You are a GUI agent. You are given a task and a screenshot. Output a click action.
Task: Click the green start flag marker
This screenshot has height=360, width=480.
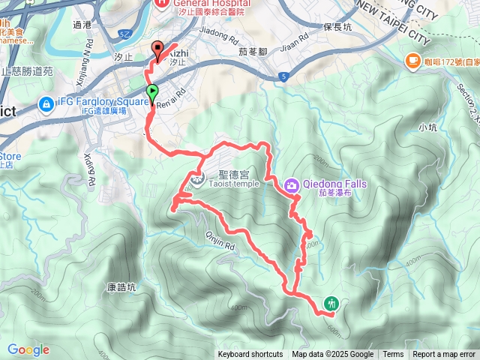click(153, 94)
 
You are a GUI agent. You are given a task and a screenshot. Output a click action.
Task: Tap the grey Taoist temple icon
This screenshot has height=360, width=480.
click(196, 179)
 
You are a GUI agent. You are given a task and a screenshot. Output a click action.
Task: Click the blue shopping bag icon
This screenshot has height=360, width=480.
click(46, 105)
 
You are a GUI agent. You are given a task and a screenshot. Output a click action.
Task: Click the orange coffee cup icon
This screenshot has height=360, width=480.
click(413, 61)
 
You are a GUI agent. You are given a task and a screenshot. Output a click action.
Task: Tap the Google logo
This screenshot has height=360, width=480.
click(28, 349)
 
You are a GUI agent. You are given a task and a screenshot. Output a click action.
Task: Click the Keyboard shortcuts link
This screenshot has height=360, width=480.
click(250, 355)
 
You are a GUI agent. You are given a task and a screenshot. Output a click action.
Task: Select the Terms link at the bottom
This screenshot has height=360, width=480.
click(393, 355)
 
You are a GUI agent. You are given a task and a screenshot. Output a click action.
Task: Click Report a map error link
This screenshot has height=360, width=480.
click(444, 355)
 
